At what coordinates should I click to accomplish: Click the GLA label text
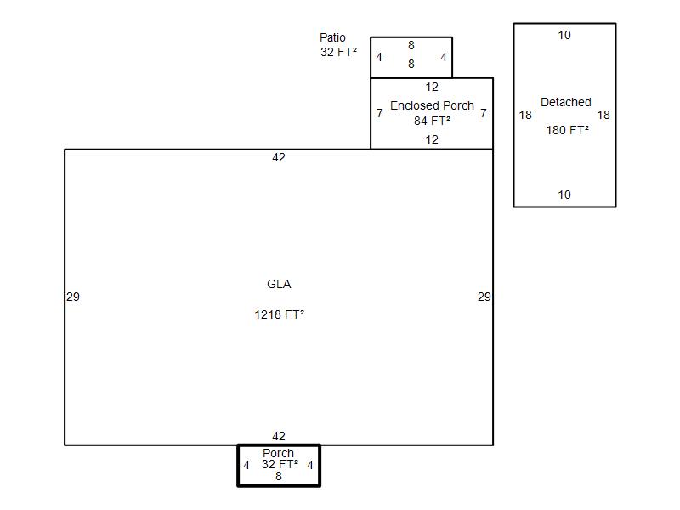[x=279, y=284]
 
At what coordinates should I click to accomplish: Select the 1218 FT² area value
[x=280, y=314]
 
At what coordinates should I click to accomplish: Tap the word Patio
[x=332, y=37]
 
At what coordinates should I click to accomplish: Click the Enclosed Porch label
[x=432, y=105]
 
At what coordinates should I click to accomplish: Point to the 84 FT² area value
[x=432, y=121]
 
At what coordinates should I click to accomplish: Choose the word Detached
[x=566, y=102]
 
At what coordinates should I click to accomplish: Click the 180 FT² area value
[x=567, y=130]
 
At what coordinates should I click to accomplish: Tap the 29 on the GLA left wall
[x=73, y=297]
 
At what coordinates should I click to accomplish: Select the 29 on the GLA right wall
[x=484, y=297]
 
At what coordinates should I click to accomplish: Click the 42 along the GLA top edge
[x=279, y=157]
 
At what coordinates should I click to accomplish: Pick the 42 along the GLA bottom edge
[x=279, y=436]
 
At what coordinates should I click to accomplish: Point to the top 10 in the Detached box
[x=564, y=35]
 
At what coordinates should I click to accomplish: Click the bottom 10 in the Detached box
[x=564, y=195]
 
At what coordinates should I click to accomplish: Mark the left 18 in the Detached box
[x=525, y=115]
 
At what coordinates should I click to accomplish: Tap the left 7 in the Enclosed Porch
[x=380, y=113]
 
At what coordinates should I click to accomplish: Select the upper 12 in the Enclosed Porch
[x=432, y=87]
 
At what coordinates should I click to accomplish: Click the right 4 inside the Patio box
[x=443, y=57]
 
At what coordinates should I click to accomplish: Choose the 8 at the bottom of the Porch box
[x=279, y=476]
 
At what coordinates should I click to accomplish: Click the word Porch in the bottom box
[x=279, y=453]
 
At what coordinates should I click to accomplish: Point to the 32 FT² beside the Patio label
[x=338, y=52]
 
